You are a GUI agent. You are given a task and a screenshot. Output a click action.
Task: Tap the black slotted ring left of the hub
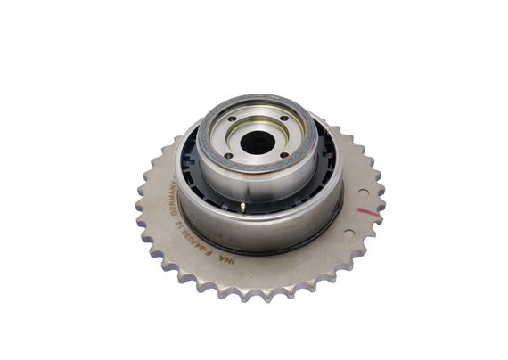188,164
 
